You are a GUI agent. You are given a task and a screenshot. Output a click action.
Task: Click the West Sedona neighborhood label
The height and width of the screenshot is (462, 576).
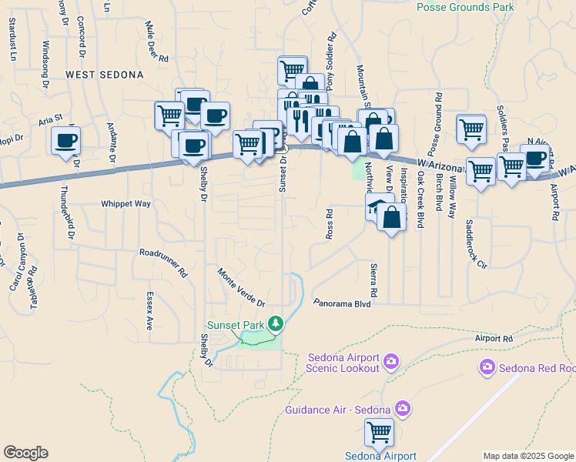[105, 75]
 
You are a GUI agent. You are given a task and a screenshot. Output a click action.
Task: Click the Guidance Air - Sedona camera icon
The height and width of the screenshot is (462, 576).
[402, 407]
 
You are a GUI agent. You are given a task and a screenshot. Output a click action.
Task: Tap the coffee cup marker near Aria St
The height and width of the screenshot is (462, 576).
[66, 140]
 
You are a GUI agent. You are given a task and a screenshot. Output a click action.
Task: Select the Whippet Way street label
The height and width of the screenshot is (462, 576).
[126, 204]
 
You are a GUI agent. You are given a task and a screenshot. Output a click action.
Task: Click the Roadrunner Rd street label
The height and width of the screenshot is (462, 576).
[163, 262]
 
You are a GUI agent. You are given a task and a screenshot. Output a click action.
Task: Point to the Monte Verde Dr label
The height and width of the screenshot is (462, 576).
[241, 286]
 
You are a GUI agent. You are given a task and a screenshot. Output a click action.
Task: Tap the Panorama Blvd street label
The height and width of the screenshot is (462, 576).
[343, 303]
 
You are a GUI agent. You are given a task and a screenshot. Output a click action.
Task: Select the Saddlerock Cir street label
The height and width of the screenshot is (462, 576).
[476, 243]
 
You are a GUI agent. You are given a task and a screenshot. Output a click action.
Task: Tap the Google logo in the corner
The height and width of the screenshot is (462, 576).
[25, 453]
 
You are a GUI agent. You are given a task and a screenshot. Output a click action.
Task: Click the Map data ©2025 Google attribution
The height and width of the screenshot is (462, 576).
[528, 455]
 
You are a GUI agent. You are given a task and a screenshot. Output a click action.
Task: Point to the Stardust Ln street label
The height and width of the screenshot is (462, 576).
[13, 45]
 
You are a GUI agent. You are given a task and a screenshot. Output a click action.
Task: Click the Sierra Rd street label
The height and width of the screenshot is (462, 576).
[374, 283]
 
